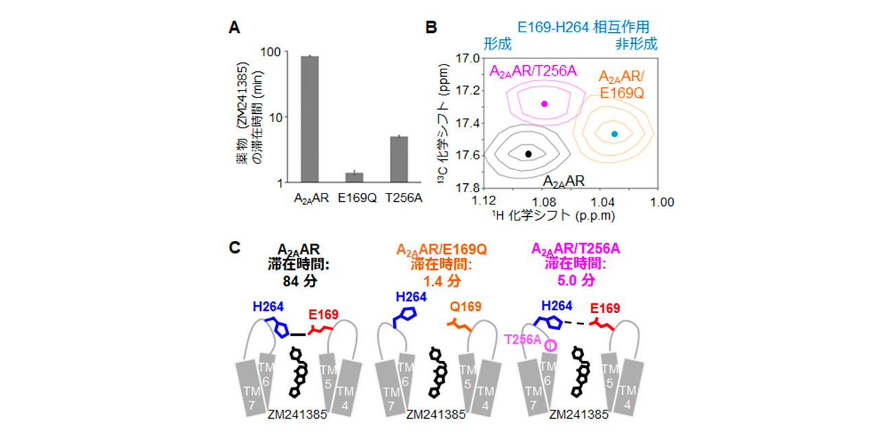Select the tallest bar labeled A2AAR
[x=309, y=119]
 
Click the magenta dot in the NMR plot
[x=544, y=104]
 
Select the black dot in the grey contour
[x=528, y=154]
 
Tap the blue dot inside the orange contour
[x=614, y=134]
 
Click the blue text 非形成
[x=636, y=45]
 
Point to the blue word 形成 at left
[x=498, y=45]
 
